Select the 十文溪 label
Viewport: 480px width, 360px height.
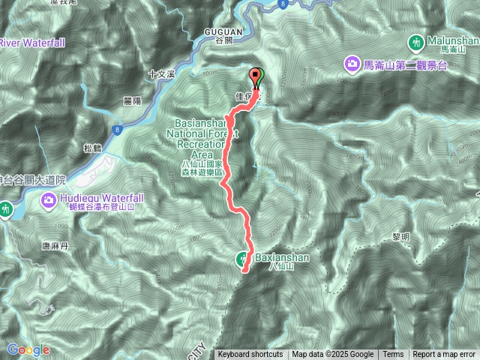point(161,74)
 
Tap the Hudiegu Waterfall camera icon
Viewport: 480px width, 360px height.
point(49,200)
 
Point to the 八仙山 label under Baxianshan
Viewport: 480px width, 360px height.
point(278,267)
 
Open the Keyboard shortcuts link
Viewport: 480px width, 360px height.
point(250,355)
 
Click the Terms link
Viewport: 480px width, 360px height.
point(393,355)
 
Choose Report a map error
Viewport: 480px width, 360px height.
point(444,355)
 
